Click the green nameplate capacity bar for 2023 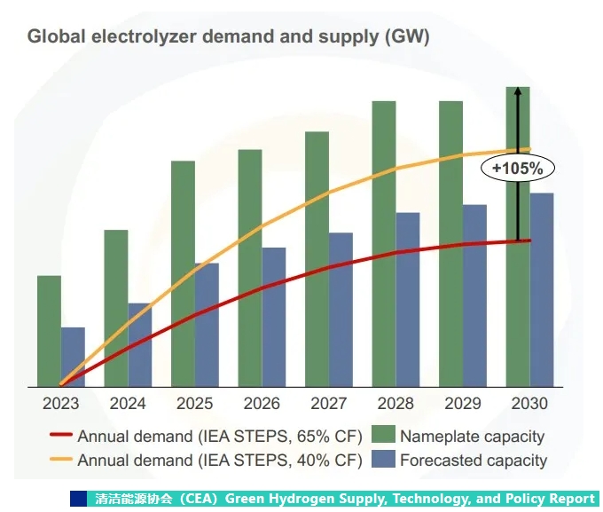[49, 330]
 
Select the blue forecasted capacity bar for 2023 [73, 357]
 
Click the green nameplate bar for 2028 [383, 243]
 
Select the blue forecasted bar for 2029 [474, 295]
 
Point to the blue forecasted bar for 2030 [542, 289]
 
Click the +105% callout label [517, 167]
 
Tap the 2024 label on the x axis [128, 403]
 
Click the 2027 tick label [329, 403]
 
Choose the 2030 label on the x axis [529, 403]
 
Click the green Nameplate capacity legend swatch [382, 436]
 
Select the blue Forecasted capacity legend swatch [382, 460]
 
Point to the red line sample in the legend [59, 436]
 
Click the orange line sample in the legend [59, 461]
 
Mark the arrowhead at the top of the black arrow [518, 91]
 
